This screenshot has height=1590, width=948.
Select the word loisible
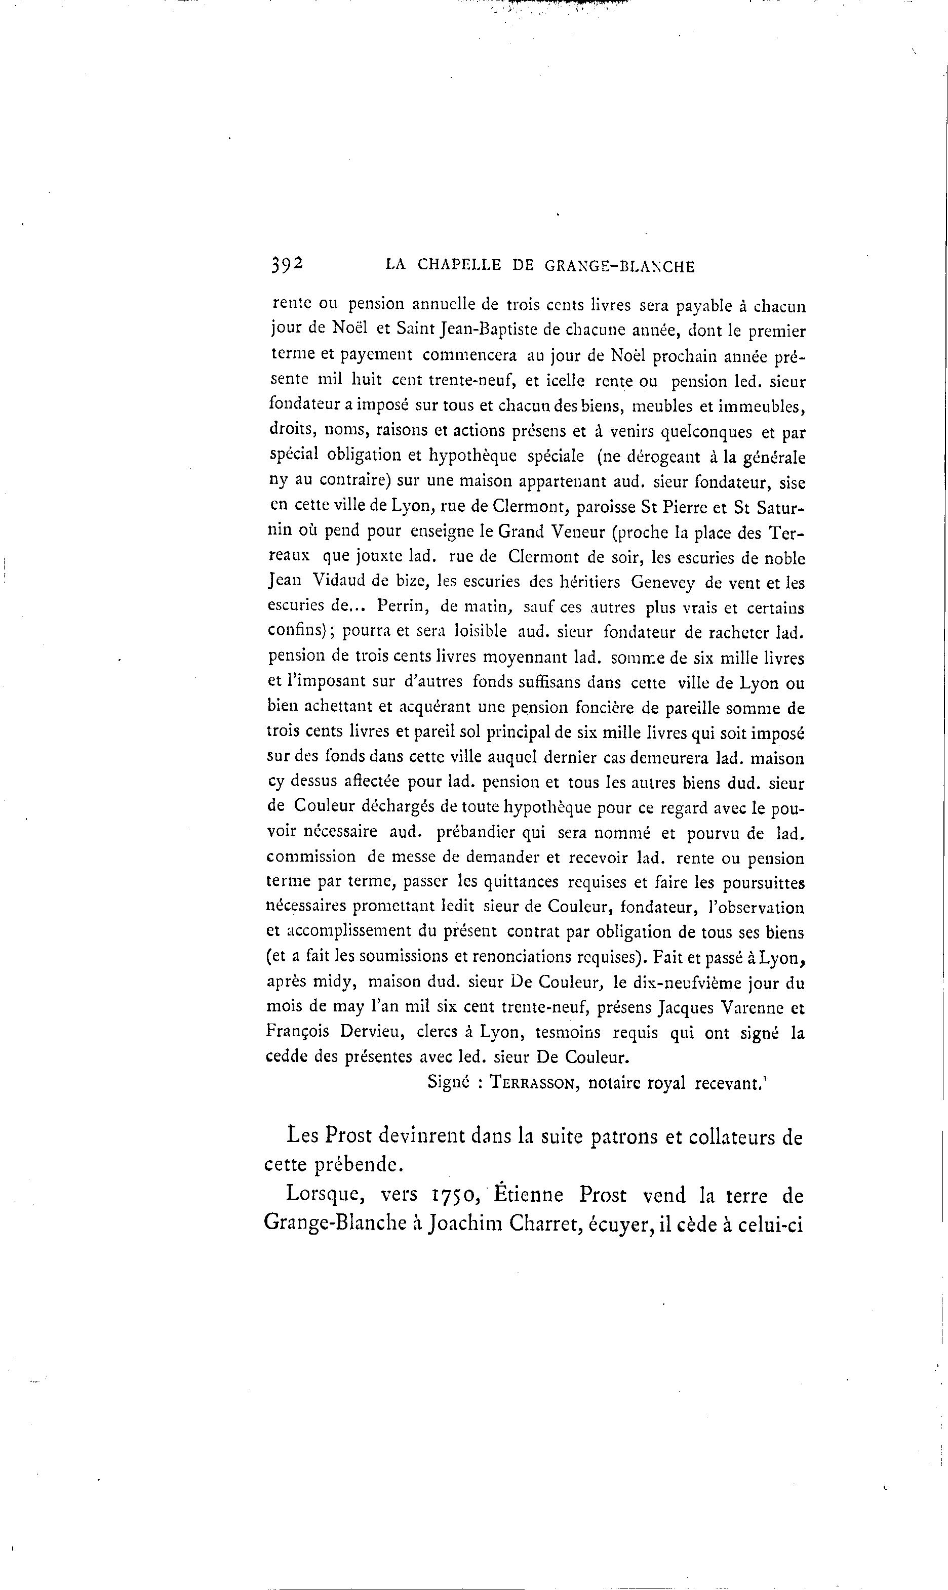click(x=481, y=632)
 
